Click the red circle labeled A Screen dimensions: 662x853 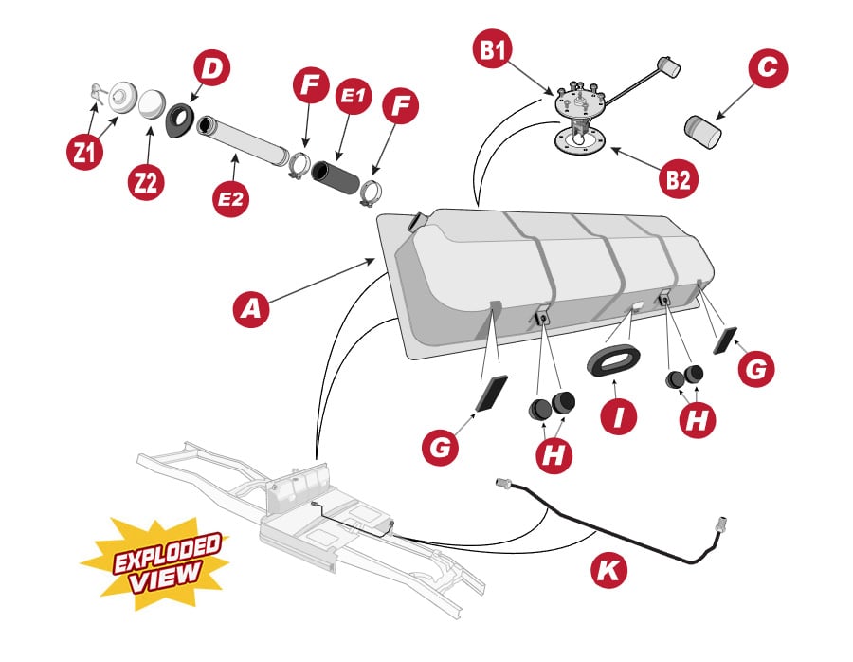coord(251,309)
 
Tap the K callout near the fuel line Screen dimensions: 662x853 coord(610,570)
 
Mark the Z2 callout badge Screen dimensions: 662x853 coord(146,181)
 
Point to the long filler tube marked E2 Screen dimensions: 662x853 coord(242,141)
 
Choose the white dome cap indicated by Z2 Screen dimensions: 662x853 coord(152,103)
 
